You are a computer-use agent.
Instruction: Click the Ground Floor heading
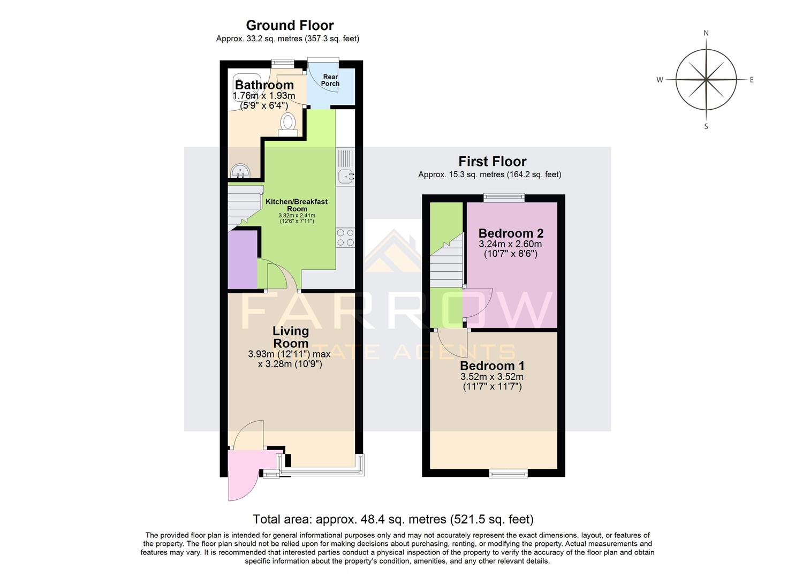(290, 26)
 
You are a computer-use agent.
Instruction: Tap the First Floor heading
(492, 162)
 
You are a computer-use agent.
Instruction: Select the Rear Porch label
(330, 80)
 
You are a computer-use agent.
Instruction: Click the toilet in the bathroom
(288, 124)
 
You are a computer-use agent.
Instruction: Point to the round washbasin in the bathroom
(239, 171)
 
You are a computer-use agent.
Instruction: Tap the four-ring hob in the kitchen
(345, 237)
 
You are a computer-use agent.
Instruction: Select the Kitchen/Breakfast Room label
(297, 205)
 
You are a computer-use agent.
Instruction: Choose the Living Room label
(291, 337)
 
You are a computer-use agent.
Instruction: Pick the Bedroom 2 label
(511, 233)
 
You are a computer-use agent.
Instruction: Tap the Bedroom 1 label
(492, 366)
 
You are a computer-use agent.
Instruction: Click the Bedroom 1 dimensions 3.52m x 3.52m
(492, 377)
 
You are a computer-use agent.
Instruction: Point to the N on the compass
(706, 33)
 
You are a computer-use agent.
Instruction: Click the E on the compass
(751, 80)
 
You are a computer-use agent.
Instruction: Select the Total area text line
(393, 519)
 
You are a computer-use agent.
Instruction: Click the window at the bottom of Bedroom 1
(508, 473)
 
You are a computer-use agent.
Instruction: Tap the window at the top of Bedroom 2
(504, 198)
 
